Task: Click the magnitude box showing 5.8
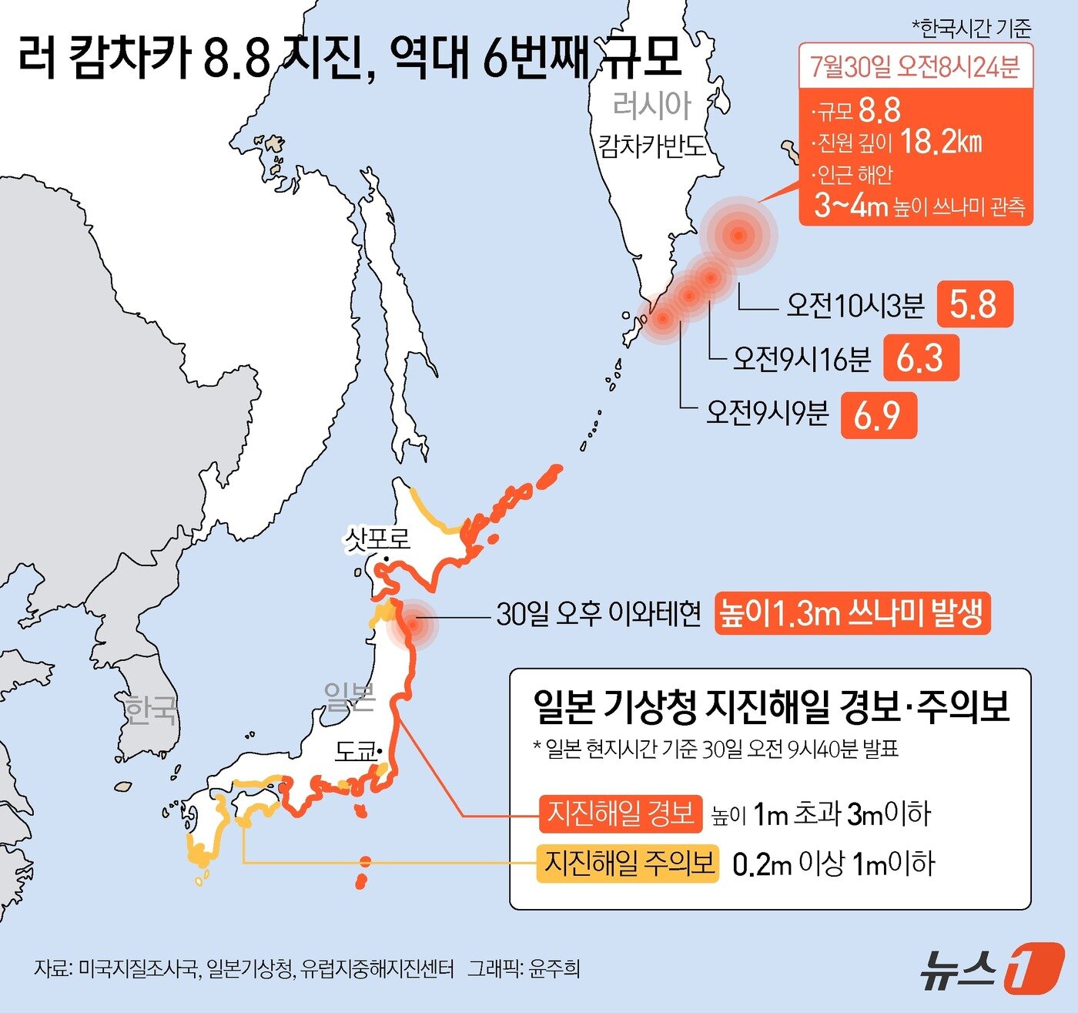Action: (x=974, y=305)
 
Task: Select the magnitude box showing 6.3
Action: (x=921, y=358)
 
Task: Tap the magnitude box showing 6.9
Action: (x=878, y=416)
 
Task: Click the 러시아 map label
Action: (x=652, y=106)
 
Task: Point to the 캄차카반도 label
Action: (x=652, y=145)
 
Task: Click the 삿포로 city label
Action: (x=377, y=537)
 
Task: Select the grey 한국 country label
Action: (x=151, y=710)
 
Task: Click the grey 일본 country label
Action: (x=349, y=697)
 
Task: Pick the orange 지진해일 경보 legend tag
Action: (x=621, y=813)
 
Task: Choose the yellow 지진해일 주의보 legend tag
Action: (x=628, y=863)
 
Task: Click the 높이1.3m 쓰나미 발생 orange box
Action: (x=852, y=613)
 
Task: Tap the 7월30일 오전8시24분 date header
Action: (x=915, y=68)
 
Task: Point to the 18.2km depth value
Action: (x=940, y=142)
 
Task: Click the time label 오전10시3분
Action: (x=855, y=306)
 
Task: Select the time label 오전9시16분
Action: (x=802, y=358)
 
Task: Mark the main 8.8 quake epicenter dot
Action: (x=738, y=236)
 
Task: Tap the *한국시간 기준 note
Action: (x=971, y=29)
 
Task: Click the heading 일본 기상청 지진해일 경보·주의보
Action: (x=770, y=706)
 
